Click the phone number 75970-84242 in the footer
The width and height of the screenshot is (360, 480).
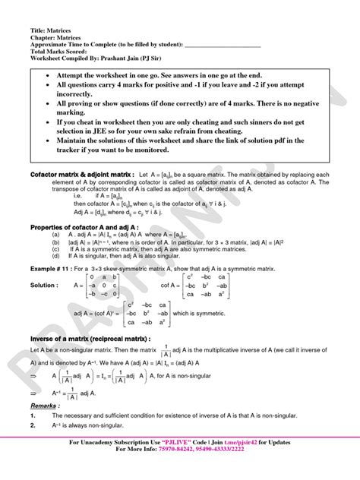point(169,470)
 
